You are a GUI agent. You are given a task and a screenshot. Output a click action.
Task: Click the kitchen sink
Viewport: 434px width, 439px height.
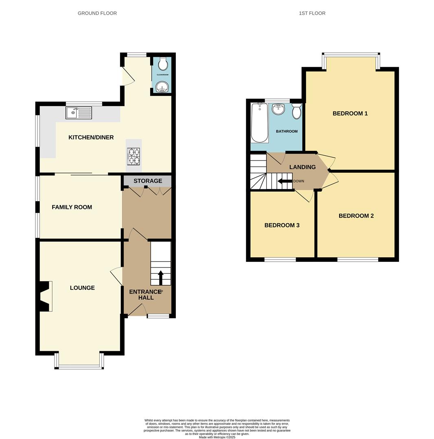[x=79, y=113]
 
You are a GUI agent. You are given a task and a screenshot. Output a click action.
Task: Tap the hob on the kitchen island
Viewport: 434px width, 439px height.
[x=134, y=156]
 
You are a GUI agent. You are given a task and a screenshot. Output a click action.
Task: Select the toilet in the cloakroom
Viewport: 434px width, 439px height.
[x=162, y=64]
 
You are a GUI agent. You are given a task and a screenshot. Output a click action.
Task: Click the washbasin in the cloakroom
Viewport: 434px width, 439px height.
[x=162, y=87]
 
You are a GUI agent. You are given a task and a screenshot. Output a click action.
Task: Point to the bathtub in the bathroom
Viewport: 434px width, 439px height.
[x=259, y=122]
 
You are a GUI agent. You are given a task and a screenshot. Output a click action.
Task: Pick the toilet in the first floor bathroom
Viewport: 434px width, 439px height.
[x=296, y=111]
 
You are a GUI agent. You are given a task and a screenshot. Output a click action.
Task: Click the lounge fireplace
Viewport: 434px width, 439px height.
[x=45, y=296]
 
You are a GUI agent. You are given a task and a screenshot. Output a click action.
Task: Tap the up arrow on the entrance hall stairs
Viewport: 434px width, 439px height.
[x=160, y=278]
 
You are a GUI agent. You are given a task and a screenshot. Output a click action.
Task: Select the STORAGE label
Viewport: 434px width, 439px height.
[x=148, y=181]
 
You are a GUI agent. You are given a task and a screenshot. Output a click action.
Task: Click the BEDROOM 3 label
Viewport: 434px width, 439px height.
[x=282, y=225]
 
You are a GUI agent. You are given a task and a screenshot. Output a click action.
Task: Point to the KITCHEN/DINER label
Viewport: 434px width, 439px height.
[x=91, y=137]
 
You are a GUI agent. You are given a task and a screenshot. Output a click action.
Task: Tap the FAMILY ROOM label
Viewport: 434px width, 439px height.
[x=72, y=207]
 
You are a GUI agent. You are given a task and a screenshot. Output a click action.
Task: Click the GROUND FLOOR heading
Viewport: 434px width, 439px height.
[x=97, y=13]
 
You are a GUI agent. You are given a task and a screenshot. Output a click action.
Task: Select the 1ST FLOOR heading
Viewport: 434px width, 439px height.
[x=312, y=13]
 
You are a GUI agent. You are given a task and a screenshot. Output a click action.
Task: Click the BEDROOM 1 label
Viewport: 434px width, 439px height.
[x=350, y=113]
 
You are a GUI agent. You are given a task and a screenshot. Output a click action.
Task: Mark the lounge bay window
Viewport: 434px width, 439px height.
[x=79, y=366]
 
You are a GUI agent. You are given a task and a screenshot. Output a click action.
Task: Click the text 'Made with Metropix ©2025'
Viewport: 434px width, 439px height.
[x=217, y=437]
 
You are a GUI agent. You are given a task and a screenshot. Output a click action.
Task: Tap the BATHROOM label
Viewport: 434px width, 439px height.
[x=287, y=131]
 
